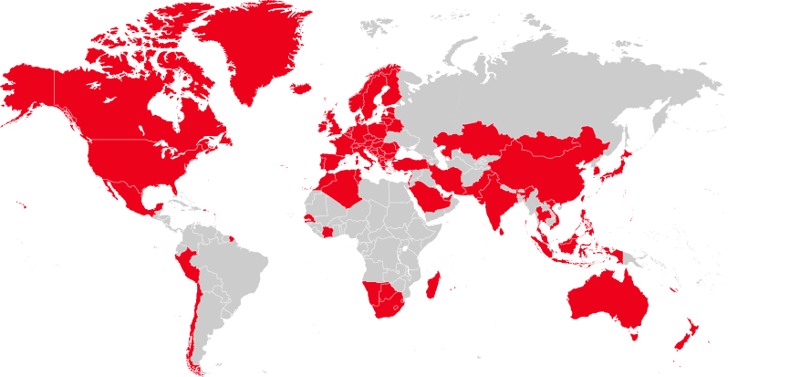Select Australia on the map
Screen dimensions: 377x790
click(606, 297)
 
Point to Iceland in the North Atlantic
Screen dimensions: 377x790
click(301, 89)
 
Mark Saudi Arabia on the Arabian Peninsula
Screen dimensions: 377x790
click(428, 196)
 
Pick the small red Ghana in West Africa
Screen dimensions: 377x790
click(327, 232)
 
